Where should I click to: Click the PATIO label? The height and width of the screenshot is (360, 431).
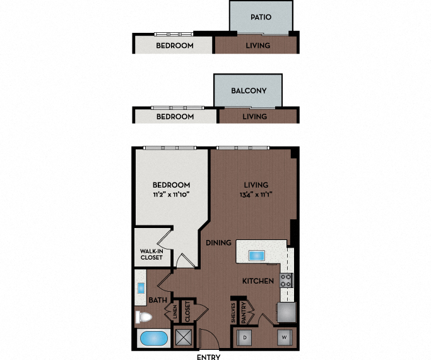pyautogui.click(x=261, y=17)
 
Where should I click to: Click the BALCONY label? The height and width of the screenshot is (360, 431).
pyautogui.click(x=249, y=91)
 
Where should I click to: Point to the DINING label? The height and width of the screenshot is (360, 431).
pyautogui.click(x=218, y=242)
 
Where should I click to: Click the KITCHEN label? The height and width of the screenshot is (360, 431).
pyautogui.click(x=259, y=280)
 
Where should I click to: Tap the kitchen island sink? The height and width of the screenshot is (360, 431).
pyautogui.click(x=257, y=256)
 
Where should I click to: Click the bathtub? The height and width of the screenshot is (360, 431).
pyautogui.click(x=153, y=339)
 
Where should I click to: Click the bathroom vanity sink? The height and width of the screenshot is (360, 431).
pyautogui.click(x=140, y=289)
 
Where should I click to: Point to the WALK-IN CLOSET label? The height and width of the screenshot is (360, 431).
pyautogui.click(x=151, y=255)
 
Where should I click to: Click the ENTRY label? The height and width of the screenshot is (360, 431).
pyautogui.click(x=209, y=356)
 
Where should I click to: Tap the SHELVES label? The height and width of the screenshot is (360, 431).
pyautogui.click(x=233, y=315)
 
